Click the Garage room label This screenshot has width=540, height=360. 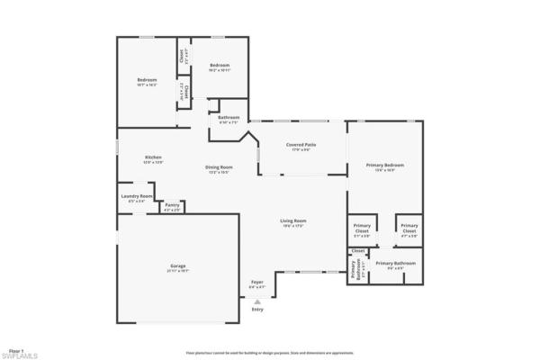178,266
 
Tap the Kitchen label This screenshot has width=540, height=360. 153,158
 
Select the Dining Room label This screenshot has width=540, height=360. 219,167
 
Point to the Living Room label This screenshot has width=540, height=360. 293,221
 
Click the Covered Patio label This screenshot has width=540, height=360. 301,146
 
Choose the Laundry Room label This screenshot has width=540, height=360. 137,197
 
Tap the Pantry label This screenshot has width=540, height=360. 172,205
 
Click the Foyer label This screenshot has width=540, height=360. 257,282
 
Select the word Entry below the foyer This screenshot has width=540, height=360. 257,310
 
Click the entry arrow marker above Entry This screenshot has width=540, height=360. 257,301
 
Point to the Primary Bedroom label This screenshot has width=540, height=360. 384,166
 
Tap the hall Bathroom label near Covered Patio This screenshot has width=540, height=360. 228,118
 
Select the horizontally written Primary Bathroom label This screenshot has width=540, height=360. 395,264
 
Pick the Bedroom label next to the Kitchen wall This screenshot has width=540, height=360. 147,82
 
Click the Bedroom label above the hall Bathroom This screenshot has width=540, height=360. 220,66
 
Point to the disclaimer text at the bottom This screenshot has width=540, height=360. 269,353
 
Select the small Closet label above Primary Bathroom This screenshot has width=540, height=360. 358,250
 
